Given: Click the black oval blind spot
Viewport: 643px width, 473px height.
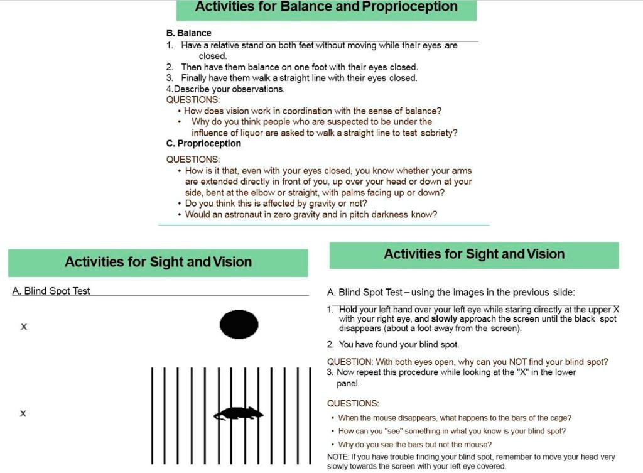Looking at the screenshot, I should tap(239, 325).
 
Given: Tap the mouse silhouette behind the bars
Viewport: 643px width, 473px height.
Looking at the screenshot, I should tap(239, 413).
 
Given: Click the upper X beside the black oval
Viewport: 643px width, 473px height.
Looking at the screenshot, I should tap(24, 327).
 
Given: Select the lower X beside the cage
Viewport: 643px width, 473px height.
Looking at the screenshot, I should tap(23, 413).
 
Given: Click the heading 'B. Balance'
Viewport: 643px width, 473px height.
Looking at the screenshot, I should tap(189, 33).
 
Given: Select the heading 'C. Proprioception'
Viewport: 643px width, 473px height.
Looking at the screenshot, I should tap(203, 143).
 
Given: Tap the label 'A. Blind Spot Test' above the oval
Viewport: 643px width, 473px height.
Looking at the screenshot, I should tap(51, 291).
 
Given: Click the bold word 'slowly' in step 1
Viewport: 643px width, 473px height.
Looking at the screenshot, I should tap(445, 319).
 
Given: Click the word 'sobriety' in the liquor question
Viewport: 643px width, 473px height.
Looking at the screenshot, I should tap(440, 133).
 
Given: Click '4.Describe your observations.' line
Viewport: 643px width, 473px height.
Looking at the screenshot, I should tap(225, 89).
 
